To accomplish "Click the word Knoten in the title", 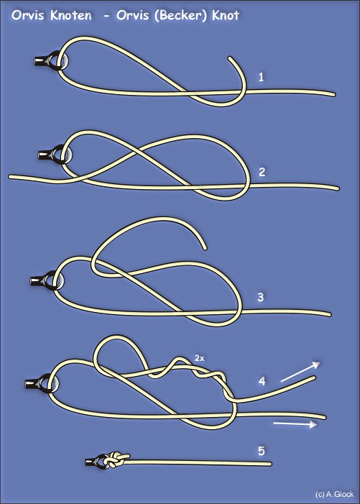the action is point(70,15).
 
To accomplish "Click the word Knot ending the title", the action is point(226,15).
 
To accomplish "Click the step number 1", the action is point(261,77).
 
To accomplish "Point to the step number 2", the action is point(262,172).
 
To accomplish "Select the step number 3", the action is point(260,298).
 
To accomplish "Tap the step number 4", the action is point(262,381).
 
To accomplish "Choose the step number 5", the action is point(262,451).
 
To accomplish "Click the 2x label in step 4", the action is point(199,358).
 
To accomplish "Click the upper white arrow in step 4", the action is point(300,372).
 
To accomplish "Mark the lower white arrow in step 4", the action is point(295,424).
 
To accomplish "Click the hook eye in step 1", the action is point(60,60).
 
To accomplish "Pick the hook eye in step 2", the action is point(63,155).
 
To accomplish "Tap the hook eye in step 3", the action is point(55,280).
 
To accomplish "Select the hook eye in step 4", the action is point(50,383).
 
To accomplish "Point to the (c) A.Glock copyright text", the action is point(334,494).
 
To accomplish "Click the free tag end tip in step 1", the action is point(230,58).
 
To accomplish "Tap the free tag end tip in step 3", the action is point(205,248).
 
